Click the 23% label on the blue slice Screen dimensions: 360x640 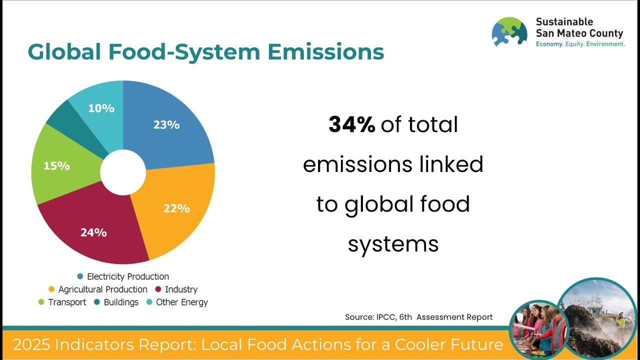tap(166, 124)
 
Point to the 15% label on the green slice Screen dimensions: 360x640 tap(56, 165)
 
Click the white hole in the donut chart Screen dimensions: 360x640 tap(123, 172)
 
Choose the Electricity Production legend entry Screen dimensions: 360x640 tap(127, 276)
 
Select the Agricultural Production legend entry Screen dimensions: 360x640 tap(102, 289)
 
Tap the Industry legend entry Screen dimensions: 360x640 tap(181, 289)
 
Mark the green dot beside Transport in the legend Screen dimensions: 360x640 tap(41, 302)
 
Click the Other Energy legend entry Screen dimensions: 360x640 tap(181, 302)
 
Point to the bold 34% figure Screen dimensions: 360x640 tap(351, 124)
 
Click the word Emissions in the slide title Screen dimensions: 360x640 tap(325, 52)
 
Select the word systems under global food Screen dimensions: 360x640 tap(393, 244)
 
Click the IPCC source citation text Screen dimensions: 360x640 tap(418, 317)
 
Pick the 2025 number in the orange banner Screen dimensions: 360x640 tap(31, 344)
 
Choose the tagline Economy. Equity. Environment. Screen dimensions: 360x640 tap(580, 44)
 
